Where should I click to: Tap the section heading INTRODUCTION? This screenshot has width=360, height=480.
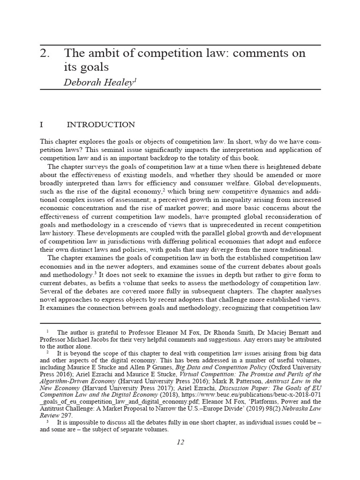pyautogui.click(x=101, y=125)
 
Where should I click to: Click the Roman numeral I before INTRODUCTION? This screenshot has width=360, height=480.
pyautogui.click(x=42, y=125)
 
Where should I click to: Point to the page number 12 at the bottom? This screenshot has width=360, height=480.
pyautogui.click(x=180, y=442)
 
